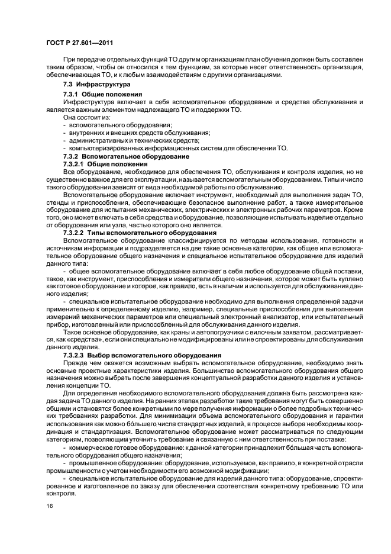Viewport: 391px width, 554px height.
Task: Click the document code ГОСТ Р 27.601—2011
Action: [x=79, y=43]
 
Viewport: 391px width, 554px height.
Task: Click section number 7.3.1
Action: [x=71, y=95]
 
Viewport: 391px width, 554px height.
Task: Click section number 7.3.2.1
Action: [x=75, y=163]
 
